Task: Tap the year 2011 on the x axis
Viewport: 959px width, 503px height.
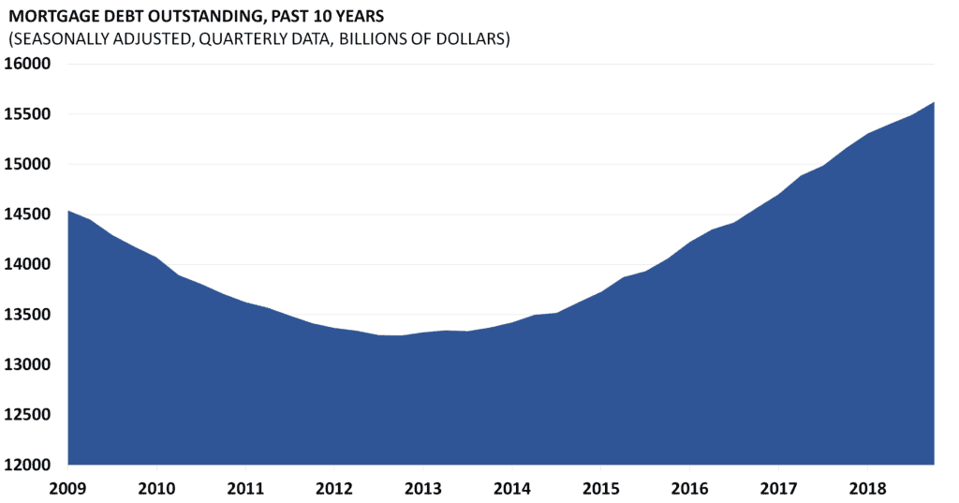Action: (244, 489)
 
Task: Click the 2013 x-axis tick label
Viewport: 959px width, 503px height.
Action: (422, 489)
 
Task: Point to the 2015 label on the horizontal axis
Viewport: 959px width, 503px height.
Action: (600, 489)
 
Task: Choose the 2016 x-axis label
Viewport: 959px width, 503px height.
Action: (689, 489)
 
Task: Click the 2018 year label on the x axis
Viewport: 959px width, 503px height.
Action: (867, 489)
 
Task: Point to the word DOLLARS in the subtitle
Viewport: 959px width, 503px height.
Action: (473, 41)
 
